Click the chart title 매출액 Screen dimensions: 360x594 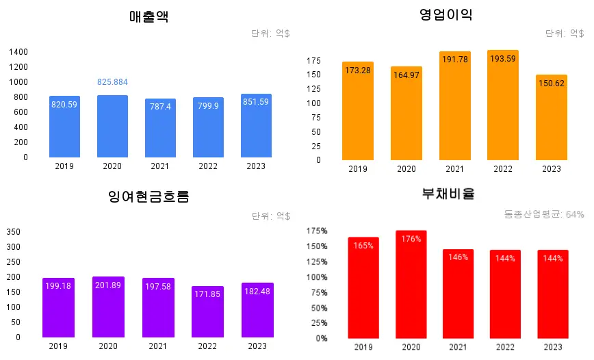[x=148, y=16]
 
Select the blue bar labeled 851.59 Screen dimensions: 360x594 [x=256, y=126]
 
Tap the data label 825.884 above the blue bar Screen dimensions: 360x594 [x=113, y=82]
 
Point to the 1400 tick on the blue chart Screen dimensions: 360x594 [x=18, y=52]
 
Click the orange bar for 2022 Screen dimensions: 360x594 [x=503, y=105]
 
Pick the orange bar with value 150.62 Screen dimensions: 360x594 [x=552, y=118]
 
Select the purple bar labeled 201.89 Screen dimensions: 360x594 [x=108, y=307]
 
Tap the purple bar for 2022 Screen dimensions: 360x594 [x=207, y=312]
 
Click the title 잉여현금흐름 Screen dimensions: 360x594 [x=148, y=197]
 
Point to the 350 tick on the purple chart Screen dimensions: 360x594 [x=14, y=231]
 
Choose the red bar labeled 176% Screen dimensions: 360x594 [x=411, y=285]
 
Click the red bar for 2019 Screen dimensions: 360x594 [x=363, y=287]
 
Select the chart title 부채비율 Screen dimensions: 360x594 [x=448, y=194]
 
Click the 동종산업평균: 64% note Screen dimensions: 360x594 [x=544, y=214]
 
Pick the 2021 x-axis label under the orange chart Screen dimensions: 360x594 [x=454, y=169]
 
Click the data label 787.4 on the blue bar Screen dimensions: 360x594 [x=160, y=106]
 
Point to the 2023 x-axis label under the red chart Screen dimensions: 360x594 [x=553, y=347]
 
